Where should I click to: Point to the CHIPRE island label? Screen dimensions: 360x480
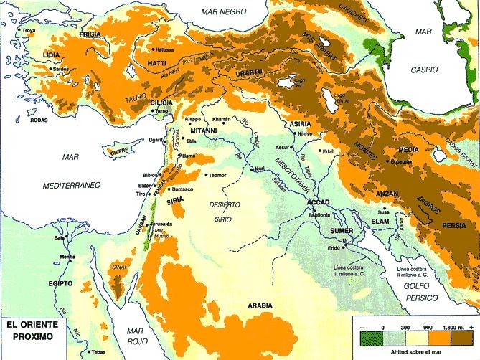pyautogui.click(x=117, y=151)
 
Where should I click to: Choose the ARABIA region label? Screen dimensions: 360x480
pyautogui.click(x=260, y=305)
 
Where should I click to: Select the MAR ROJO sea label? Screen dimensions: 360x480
pyautogui.click(x=137, y=336)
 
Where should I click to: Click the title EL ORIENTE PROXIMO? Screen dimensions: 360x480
pyautogui.click(x=32, y=329)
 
